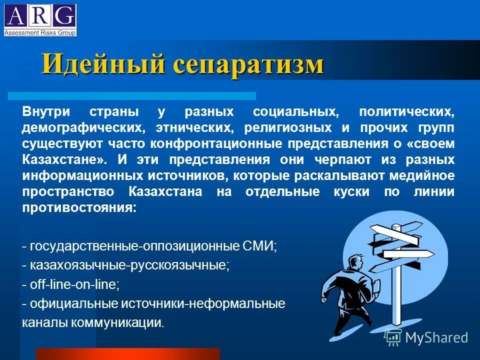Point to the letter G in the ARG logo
[65, 17]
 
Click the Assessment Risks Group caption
[40, 33]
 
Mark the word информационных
[81, 175]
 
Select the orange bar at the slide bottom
[127, 354]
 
